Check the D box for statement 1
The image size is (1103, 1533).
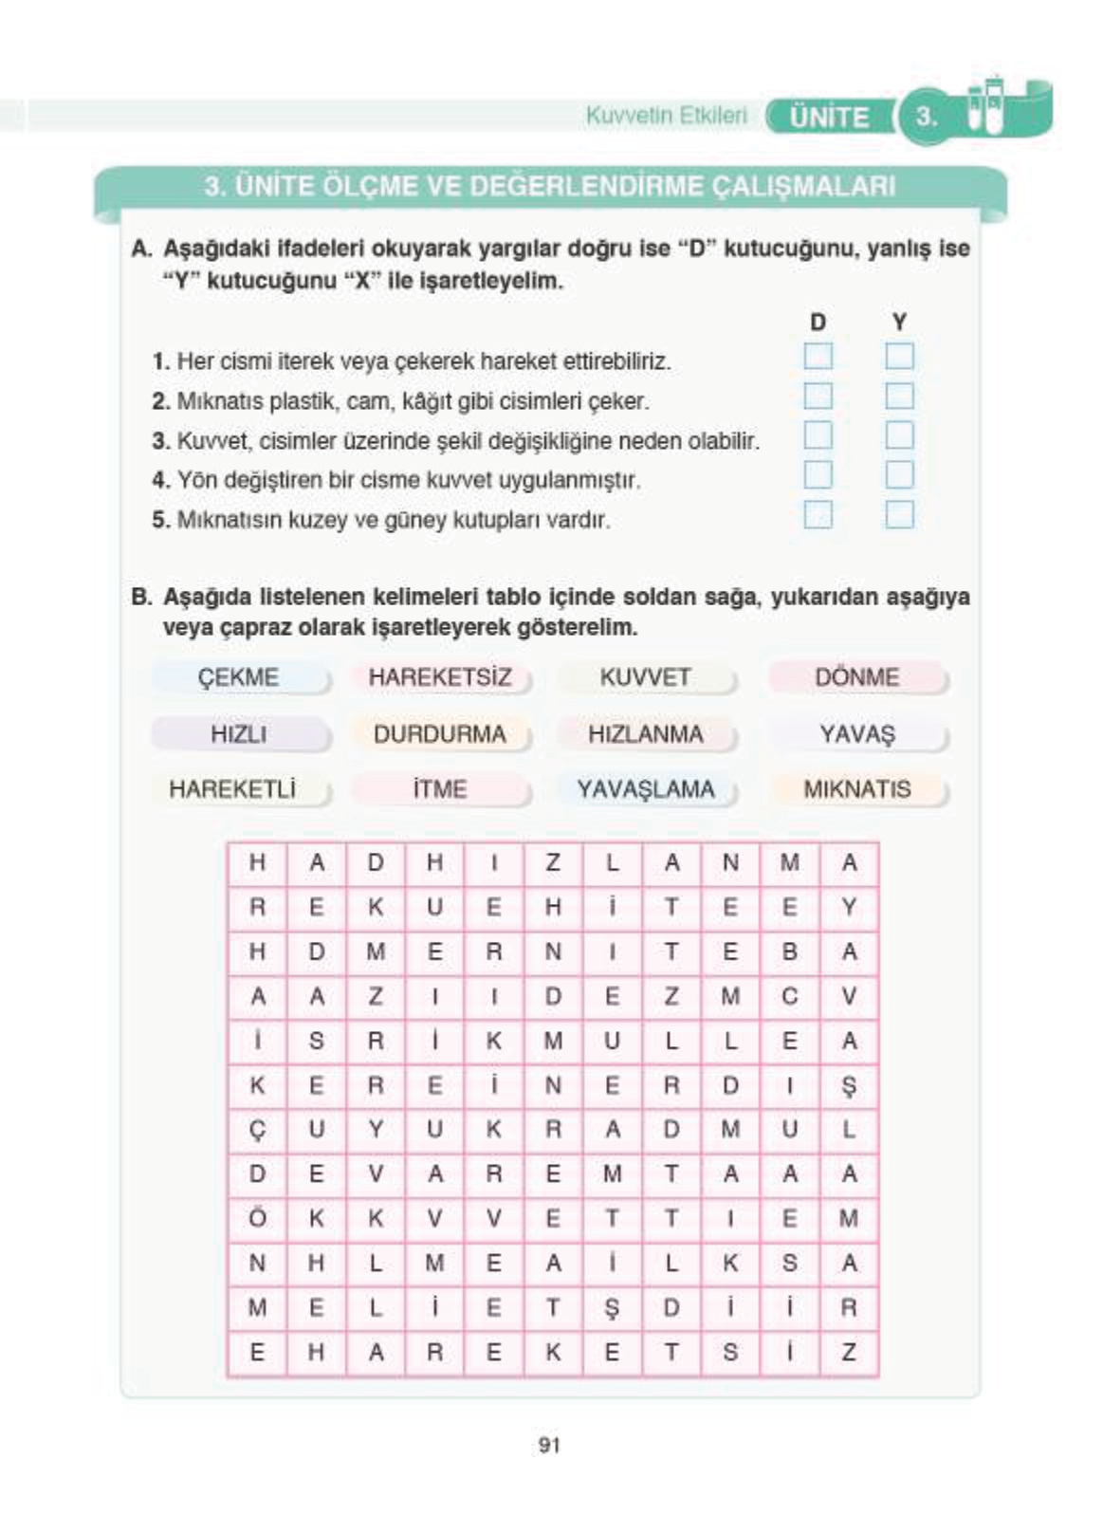tap(818, 357)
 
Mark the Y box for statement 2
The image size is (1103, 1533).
tap(899, 396)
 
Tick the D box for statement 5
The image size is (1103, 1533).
tap(818, 515)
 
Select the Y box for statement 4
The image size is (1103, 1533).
tap(899, 475)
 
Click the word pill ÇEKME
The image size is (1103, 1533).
tap(239, 677)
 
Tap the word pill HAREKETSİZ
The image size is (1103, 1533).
tap(440, 677)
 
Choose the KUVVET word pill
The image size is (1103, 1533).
tap(645, 677)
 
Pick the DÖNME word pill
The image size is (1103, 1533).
tap(856, 677)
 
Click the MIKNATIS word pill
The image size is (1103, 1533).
tap(856, 789)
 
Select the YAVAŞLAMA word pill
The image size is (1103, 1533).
tap(645, 789)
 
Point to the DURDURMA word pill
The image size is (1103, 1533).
tap(440, 734)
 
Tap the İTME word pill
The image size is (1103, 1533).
tap(440, 789)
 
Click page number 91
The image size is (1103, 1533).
tap(549, 1445)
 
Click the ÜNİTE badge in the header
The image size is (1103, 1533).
tap(829, 118)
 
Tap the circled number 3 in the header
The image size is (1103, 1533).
tap(927, 118)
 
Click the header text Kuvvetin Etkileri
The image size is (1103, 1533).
tap(666, 116)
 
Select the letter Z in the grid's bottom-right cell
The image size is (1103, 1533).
tap(849, 1353)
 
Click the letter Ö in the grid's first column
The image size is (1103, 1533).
tap(257, 1218)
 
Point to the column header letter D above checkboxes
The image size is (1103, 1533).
tap(818, 323)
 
